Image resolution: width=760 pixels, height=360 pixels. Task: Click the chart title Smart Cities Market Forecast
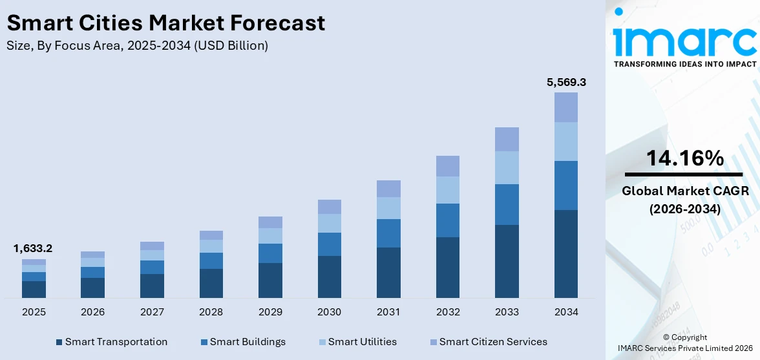point(165,23)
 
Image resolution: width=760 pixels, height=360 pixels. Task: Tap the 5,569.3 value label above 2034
point(566,82)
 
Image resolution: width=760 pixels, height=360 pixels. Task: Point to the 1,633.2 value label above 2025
point(33,248)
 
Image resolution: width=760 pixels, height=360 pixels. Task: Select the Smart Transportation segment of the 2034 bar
point(566,253)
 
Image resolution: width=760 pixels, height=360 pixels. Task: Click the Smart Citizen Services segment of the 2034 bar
point(566,107)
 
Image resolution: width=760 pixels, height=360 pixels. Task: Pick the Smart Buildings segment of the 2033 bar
point(507,204)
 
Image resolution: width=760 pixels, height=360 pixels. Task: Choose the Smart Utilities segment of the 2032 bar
point(448,190)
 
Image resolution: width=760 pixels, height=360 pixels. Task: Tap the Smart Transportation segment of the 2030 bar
point(330,277)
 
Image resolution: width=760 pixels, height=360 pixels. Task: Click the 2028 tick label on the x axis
point(211,312)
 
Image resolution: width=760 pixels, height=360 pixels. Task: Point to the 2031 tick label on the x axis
point(388,312)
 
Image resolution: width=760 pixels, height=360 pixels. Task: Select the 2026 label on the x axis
point(93,312)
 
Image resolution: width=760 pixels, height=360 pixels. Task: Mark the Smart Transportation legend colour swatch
point(59,342)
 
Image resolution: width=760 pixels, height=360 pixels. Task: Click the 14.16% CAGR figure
point(684,158)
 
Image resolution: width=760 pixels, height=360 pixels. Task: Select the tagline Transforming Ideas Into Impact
point(684,64)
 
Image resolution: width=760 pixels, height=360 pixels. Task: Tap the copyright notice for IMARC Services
point(684,343)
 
